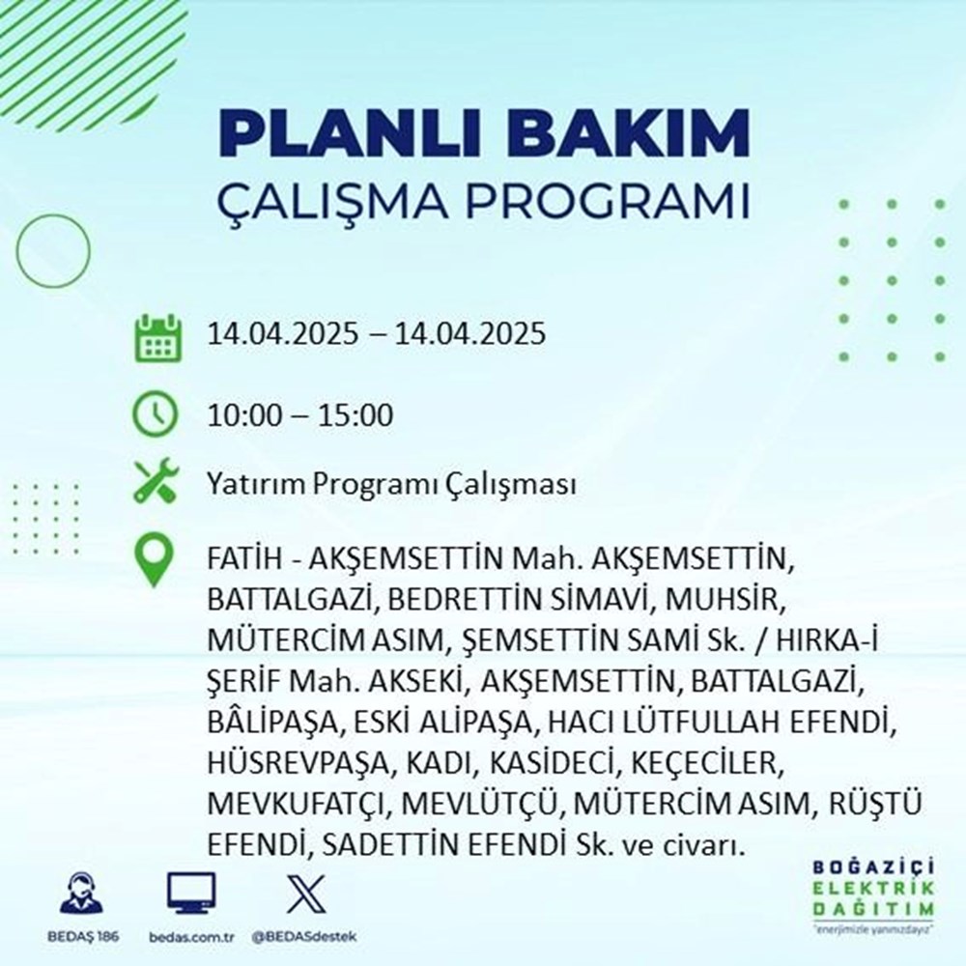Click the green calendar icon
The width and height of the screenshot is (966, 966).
(x=156, y=335)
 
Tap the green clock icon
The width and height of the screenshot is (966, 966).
(x=156, y=416)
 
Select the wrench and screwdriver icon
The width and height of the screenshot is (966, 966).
(x=156, y=483)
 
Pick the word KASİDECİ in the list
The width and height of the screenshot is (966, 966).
(x=557, y=764)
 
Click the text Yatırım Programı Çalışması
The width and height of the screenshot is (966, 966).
(x=391, y=484)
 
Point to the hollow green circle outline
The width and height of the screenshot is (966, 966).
(x=53, y=246)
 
